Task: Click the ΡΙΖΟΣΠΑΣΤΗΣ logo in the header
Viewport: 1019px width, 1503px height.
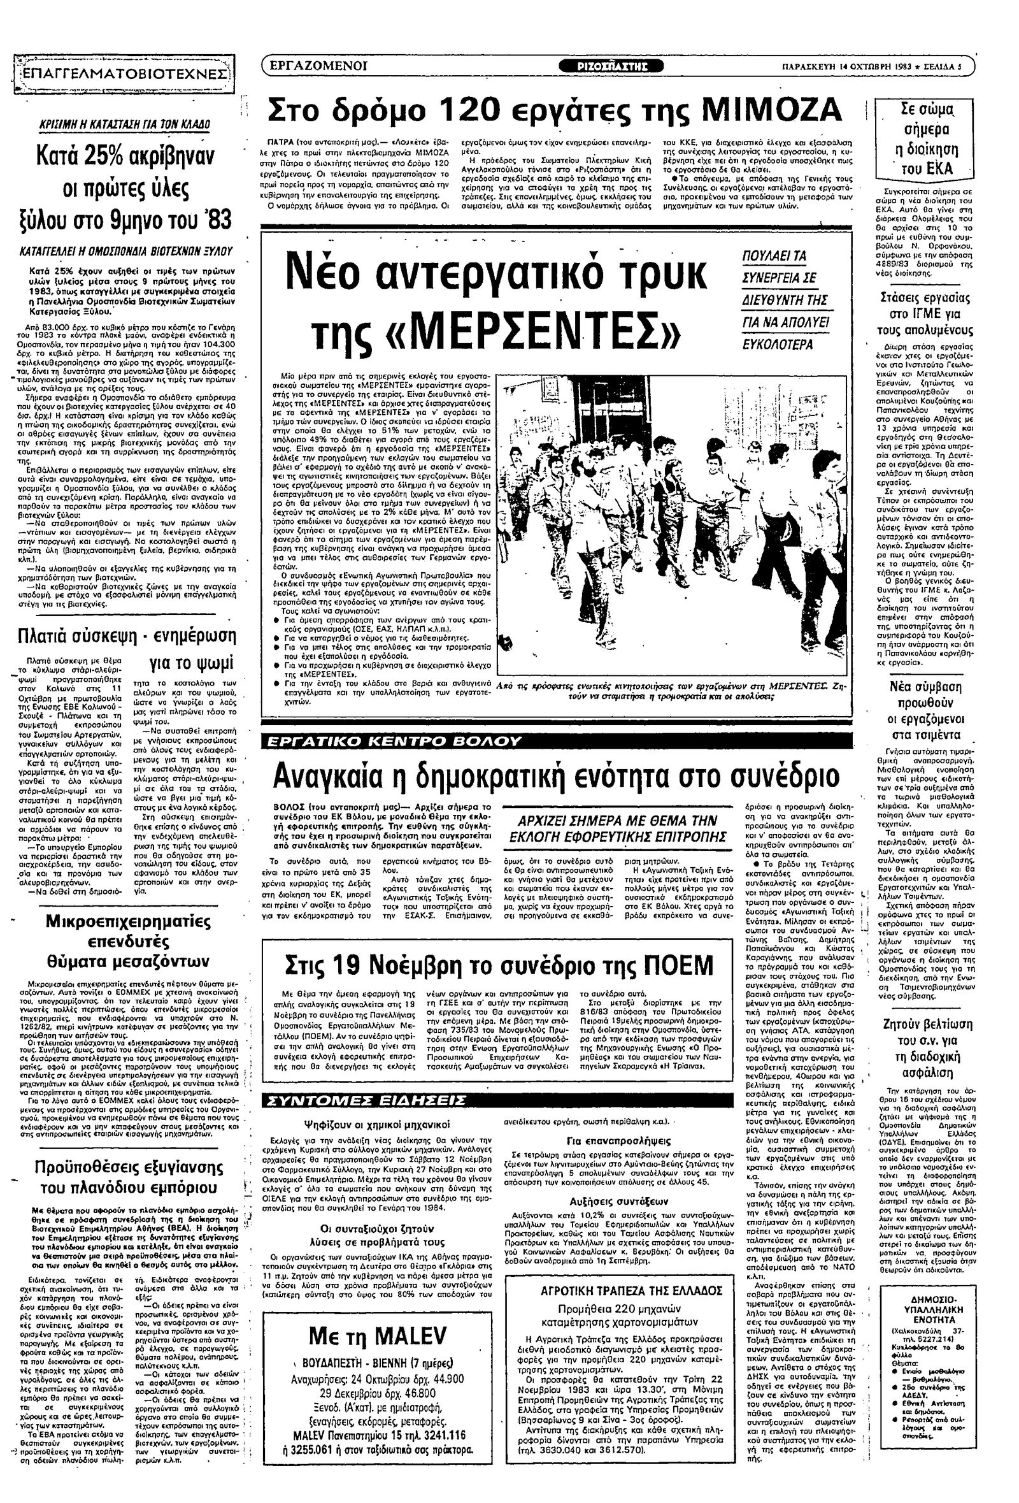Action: pos(610,66)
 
